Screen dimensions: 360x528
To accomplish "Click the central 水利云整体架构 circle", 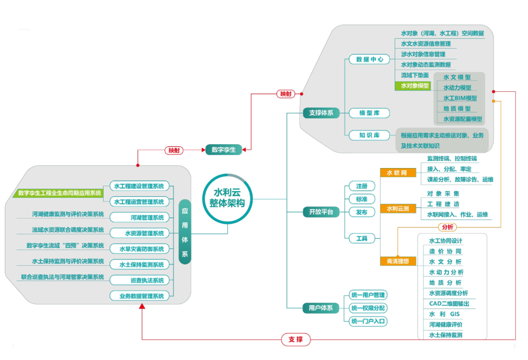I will coord(227,198).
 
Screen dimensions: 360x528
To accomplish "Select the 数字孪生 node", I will coord(223,149).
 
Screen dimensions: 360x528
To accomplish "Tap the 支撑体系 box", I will coord(321,113).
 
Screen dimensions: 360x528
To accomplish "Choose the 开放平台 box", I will coord(321,212).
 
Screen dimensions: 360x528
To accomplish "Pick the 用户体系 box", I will coord(321,308).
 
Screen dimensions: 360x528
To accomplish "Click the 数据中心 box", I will coord(369,59).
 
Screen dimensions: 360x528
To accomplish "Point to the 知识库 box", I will coord(369,135).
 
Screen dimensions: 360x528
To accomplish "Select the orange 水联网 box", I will coord(398,172).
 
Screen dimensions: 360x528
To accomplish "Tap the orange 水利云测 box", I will coord(398,209).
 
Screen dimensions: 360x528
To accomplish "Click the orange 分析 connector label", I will coord(447,227).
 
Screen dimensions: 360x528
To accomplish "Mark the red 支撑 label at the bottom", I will coord(295,339).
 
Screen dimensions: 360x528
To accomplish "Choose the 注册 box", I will coord(362,186).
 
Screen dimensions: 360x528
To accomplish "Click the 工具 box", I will coord(362,238).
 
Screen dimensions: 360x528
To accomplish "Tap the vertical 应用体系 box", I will coord(185,232).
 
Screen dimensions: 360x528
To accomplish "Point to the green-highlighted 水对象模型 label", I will coord(412,85).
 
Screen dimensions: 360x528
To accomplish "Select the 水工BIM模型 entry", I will coord(460,98).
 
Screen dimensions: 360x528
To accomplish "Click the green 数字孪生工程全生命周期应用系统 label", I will coord(60,193).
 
